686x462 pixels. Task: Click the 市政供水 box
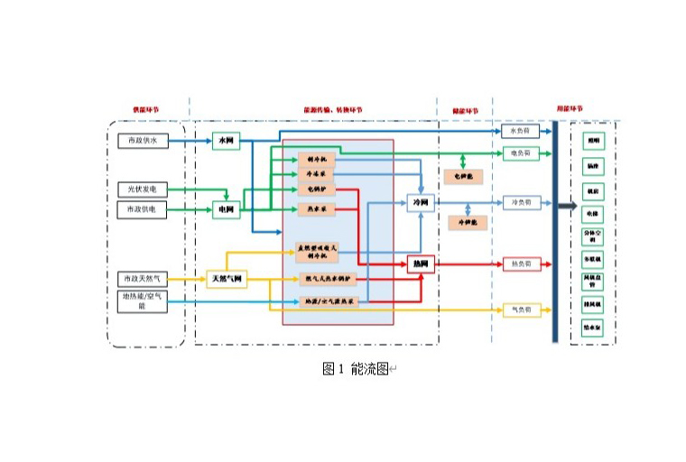coord(142,141)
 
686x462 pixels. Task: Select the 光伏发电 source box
coord(142,189)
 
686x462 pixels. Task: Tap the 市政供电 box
coord(142,209)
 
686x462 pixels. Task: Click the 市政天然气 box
coord(143,279)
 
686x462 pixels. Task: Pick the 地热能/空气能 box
coord(143,300)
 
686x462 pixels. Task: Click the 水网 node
coord(225,141)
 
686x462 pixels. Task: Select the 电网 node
coord(226,210)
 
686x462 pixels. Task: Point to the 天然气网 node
coord(227,279)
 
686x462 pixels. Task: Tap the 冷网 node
coord(420,203)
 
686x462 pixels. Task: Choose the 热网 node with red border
coord(420,263)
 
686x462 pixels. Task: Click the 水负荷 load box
coord(521,131)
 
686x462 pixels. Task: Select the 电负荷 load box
coord(521,153)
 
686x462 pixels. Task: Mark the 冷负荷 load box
coord(521,203)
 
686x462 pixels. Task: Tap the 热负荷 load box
coord(521,263)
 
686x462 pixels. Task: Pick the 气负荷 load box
coord(521,310)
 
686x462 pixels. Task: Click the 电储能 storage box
coord(462,176)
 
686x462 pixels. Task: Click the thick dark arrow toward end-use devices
coord(568,207)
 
